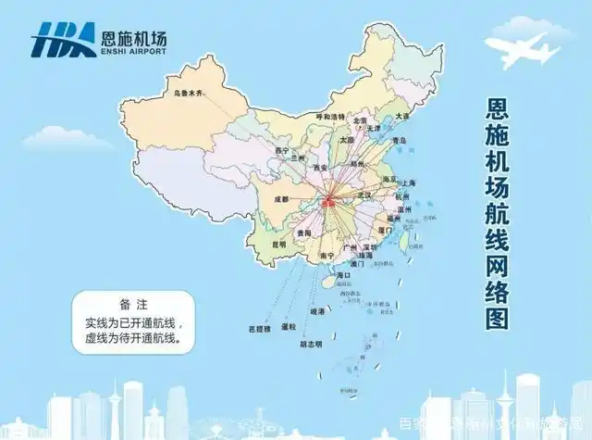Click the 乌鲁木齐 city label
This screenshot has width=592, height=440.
[x=183, y=94]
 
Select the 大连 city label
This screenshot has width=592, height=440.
[x=402, y=117]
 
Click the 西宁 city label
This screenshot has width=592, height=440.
[x=282, y=149]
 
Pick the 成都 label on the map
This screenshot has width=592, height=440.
[x=281, y=198]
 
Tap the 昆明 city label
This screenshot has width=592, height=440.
[x=278, y=245]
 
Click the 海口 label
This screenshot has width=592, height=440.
[x=343, y=276]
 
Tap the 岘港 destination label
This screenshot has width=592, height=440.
[x=316, y=312]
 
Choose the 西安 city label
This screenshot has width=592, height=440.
[x=321, y=167]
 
